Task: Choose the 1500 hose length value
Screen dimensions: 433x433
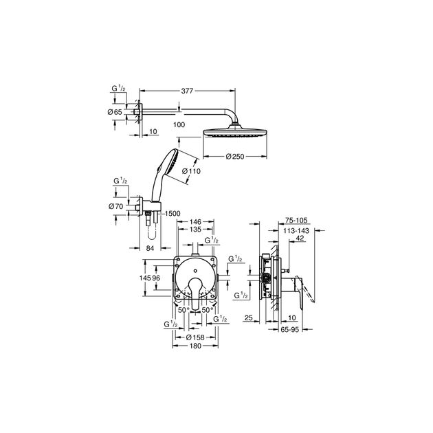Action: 171,214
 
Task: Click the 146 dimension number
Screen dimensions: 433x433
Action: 195,222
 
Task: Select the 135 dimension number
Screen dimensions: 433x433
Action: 195,230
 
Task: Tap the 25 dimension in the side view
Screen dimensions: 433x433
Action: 249,318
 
